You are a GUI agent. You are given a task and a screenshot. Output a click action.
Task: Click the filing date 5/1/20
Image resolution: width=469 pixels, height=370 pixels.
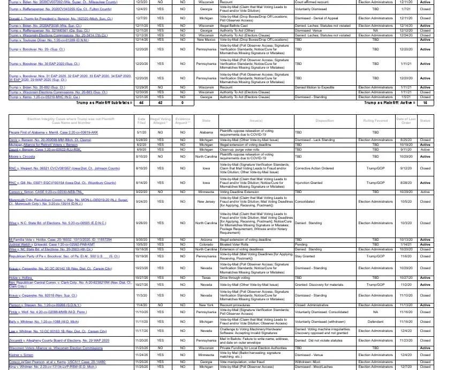(141, 132)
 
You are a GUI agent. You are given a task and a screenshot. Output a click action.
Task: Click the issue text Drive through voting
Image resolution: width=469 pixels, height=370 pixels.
(236, 277)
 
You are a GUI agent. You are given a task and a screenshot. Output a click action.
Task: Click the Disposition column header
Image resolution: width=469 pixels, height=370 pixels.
(324, 121)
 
